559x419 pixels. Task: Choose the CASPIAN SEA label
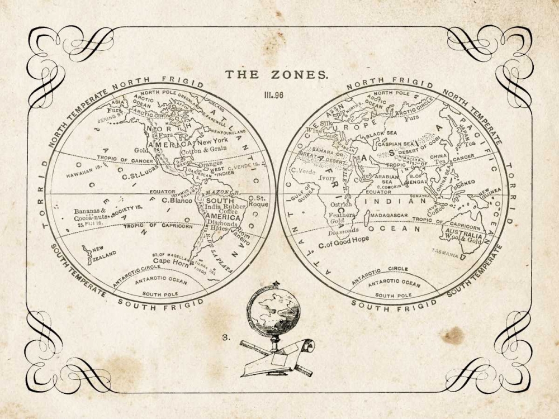click(x=395, y=144)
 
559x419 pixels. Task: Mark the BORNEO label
click(x=463, y=183)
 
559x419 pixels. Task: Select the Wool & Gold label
click(x=463, y=240)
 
